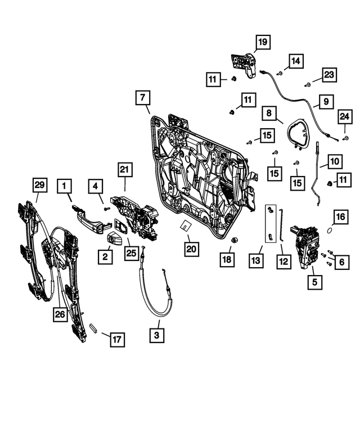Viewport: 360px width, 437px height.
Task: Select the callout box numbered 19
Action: click(x=262, y=42)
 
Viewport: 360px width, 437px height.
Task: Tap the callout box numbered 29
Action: click(x=39, y=184)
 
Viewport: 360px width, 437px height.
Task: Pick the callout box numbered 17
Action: click(x=116, y=339)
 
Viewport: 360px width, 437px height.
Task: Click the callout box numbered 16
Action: click(x=341, y=217)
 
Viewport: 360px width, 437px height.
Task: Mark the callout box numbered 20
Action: click(x=192, y=248)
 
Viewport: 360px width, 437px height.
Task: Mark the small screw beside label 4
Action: click(x=105, y=209)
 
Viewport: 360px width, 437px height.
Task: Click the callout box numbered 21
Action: click(x=124, y=169)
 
